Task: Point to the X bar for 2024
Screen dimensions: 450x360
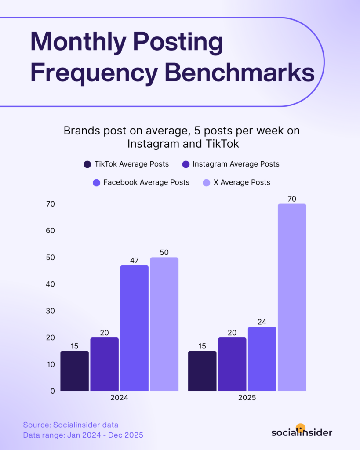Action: pyautogui.click(x=164, y=324)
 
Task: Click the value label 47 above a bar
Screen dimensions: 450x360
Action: pyautogui.click(x=134, y=261)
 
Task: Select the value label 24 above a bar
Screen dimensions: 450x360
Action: pyautogui.click(x=262, y=322)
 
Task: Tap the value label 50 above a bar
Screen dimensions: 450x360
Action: pyautogui.click(x=164, y=252)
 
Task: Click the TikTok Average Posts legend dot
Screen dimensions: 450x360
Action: pyautogui.click(x=87, y=164)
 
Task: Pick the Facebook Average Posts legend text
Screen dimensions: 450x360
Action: pyautogui.click(x=146, y=182)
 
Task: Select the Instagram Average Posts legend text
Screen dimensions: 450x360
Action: pyautogui.click(x=236, y=164)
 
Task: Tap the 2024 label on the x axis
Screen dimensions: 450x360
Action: pyautogui.click(x=120, y=398)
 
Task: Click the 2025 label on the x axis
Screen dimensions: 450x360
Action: pyautogui.click(x=247, y=398)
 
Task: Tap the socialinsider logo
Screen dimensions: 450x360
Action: pyautogui.click(x=302, y=431)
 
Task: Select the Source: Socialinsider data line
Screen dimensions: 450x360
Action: pyautogui.click(x=71, y=425)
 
